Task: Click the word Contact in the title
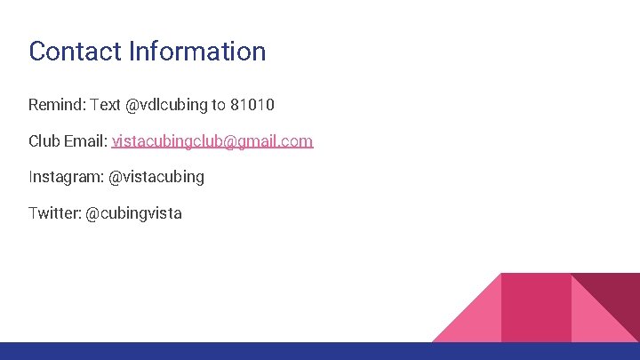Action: tap(75, 51)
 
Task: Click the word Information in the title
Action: tap(196, 51)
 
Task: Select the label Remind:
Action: tap(56, 105)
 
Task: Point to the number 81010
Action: tap(252, 105)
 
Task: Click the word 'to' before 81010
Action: tap(219, 105)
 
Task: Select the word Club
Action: tap(44, 140)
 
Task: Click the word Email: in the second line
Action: tap(85, 140)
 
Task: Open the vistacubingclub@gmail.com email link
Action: tap(212, 140)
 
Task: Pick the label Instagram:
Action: tap(66, 177)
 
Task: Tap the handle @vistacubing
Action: tap(156, 177)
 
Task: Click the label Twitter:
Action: tap(54, 213)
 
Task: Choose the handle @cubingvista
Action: tap(133, 213)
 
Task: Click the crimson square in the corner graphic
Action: tap(536, 307)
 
